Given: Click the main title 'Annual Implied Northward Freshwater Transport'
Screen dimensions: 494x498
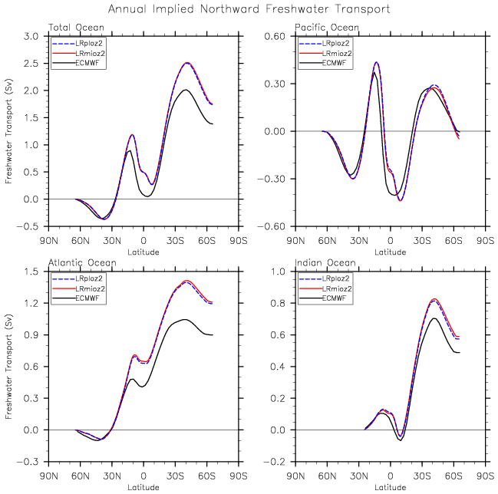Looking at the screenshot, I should click(249, 9).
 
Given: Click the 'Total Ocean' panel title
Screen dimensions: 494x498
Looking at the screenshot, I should click(76, 28).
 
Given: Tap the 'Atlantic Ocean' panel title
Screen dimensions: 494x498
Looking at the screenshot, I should click(82, 262).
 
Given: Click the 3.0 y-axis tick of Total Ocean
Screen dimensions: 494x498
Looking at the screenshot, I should click(32, 36).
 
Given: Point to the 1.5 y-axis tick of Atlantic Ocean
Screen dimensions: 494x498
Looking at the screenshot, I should click(32, 271).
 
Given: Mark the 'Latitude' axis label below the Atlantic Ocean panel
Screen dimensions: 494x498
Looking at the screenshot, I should click(143, 486).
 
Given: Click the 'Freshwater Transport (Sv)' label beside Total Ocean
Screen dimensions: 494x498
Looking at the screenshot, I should click(9, 131).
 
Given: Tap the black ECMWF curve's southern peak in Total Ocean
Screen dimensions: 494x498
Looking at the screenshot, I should click(186, 90).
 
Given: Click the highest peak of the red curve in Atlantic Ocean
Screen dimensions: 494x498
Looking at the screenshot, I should click(186, 281).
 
